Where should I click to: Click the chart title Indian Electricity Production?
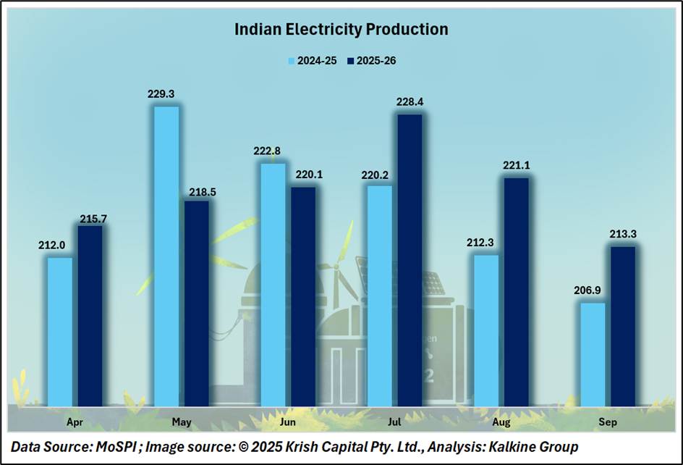click(x=341, y=30)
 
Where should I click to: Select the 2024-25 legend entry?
click(x=312, y=61)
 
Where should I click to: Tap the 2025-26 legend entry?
click(x=371, y=61)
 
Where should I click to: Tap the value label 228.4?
click(x=410, y=101)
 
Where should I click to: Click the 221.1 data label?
click(x=516, y=165)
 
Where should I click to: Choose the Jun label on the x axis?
click(x=287, y=421)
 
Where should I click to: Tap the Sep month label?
click(x=608, y=421)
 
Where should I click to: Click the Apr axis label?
click(x=75, y=421)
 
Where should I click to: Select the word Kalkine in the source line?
click(x=508, y=447)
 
